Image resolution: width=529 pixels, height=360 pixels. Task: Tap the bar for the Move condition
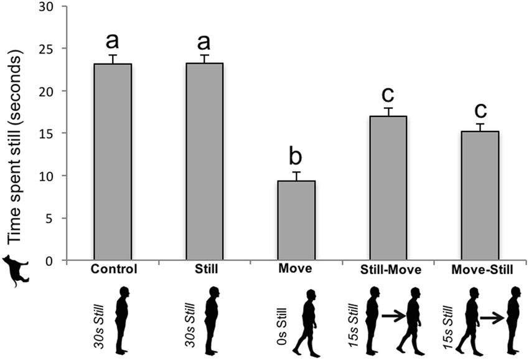(296, 220)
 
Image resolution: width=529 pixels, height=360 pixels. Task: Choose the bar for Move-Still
(480, 196)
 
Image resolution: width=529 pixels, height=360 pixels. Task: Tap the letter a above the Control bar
(113, 41)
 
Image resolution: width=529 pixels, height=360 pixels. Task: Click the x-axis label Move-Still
(480, 270)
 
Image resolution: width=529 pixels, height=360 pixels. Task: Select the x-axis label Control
(113, 270)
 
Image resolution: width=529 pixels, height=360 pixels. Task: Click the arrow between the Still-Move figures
(392, 318)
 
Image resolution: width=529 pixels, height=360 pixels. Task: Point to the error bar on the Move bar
(297, 176)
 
